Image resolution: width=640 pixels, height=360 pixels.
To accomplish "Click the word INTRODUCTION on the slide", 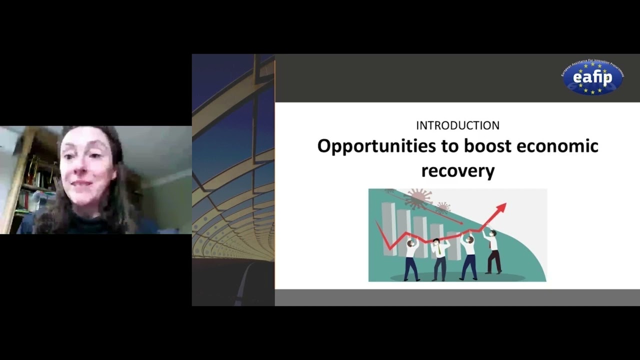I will pos(457,125).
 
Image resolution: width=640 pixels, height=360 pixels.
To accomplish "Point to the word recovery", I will pos(457,170).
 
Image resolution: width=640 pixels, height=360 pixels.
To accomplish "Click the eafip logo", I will pos(592,77).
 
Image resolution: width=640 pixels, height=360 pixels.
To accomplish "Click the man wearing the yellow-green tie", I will pos(439,257).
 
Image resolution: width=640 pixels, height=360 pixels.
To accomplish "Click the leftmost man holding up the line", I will pos(411,260).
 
